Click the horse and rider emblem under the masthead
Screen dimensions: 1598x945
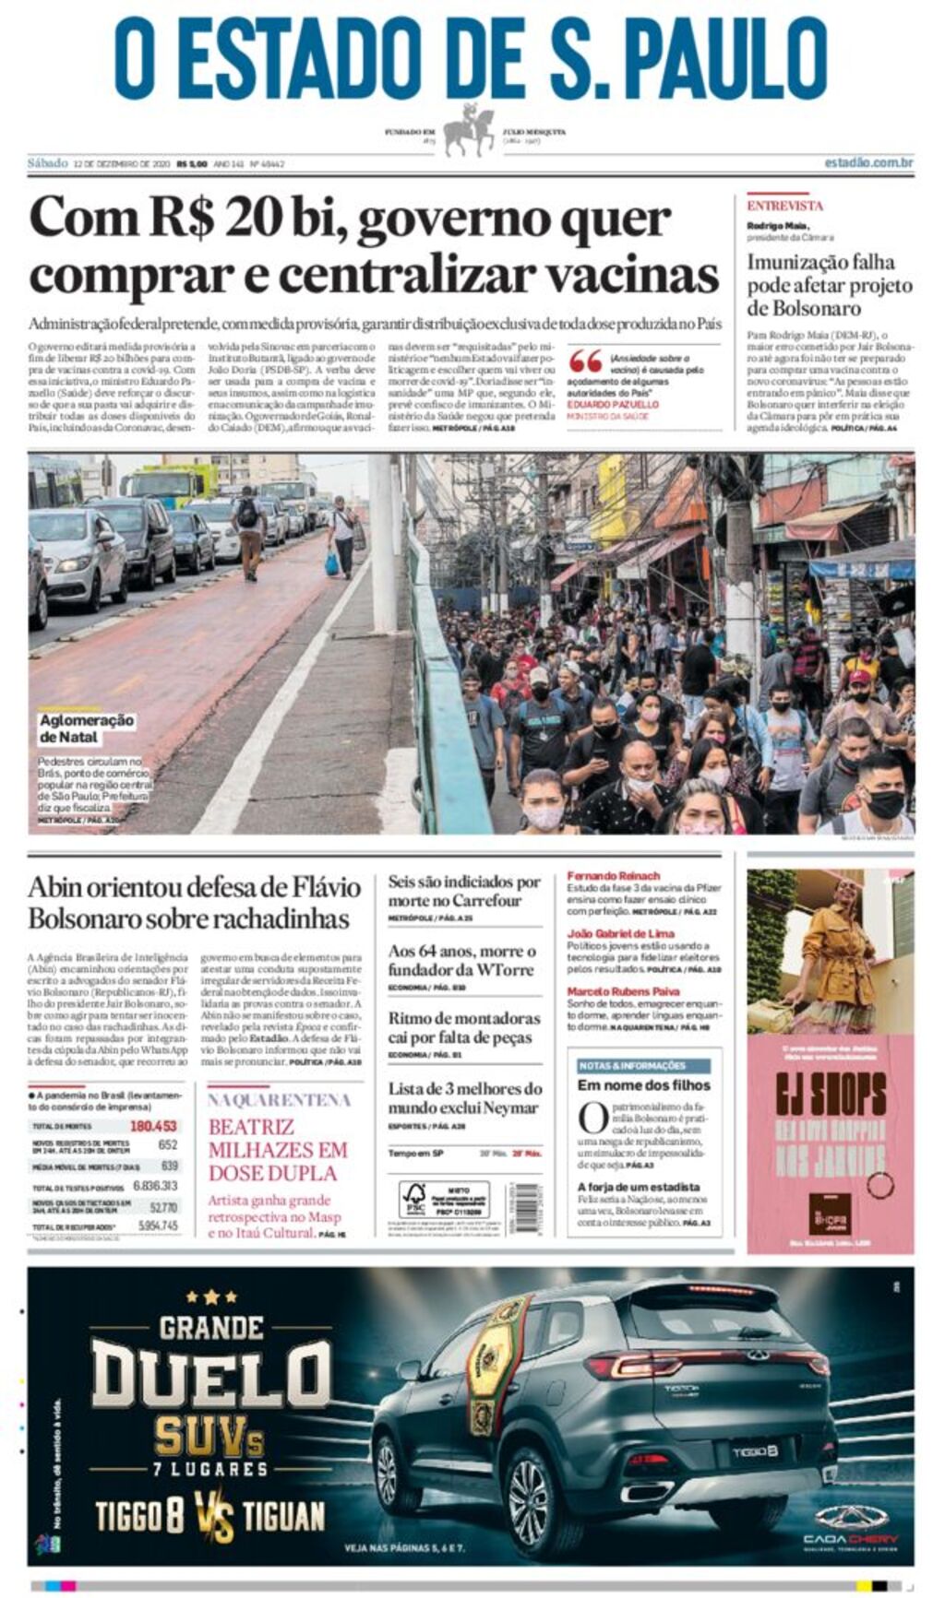469,130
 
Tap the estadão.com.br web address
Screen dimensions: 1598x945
867,163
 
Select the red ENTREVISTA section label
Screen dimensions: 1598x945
784,206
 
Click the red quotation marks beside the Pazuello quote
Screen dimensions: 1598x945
585,361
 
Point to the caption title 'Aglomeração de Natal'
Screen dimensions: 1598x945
86,728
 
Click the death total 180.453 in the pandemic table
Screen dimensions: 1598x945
153,1126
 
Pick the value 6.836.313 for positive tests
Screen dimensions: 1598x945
155,1186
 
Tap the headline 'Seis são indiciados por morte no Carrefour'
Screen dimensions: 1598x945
463,891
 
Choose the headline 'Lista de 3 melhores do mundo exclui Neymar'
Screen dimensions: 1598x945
463,1098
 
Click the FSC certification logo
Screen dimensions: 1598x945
414,1199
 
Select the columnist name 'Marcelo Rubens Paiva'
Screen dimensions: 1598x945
623,991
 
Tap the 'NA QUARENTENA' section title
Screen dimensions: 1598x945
278,1100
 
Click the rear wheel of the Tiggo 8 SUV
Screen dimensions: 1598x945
529,1497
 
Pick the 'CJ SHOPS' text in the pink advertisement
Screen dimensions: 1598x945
830,1095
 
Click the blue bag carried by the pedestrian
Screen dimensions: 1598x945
331,563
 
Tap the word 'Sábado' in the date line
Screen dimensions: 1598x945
47,163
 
